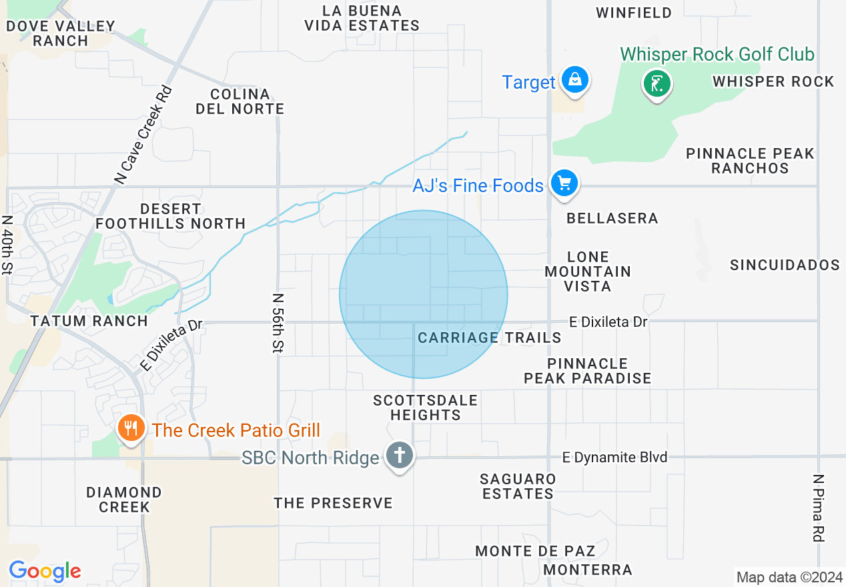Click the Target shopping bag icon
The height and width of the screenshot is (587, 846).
click(574, 79)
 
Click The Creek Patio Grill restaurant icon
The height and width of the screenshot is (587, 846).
click(131, 428)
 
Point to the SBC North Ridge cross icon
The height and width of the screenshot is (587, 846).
click(400, 456)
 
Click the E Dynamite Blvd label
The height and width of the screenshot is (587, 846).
click(614, 457)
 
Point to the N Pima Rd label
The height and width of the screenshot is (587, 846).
click(819, 508)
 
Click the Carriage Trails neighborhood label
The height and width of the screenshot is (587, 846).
click(489, 338)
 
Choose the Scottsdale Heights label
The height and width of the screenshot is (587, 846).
click(426, 408)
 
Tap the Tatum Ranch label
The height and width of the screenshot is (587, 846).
click(89, 321)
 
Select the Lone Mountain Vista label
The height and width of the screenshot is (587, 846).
click(588, 271)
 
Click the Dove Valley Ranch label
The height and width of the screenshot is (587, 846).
click(61, 33)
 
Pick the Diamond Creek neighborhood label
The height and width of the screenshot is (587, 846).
click(124, 500)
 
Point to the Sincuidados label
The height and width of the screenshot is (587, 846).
click(785, 265)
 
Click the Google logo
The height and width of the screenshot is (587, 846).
click(45, 571)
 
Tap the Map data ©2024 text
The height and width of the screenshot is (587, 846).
click(789, 576)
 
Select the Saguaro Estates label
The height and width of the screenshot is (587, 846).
click(518, 486)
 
